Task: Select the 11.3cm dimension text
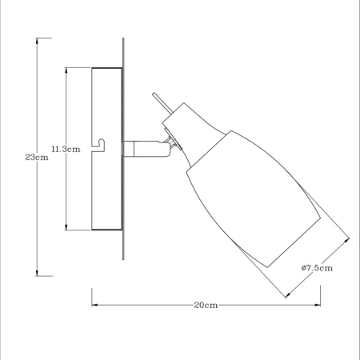(64, 150)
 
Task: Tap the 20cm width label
(206, 305)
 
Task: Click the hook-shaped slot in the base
(99, 143)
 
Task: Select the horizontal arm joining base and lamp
(140, 146)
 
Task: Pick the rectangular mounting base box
(106, 150)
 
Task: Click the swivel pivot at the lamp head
(169, 142)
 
